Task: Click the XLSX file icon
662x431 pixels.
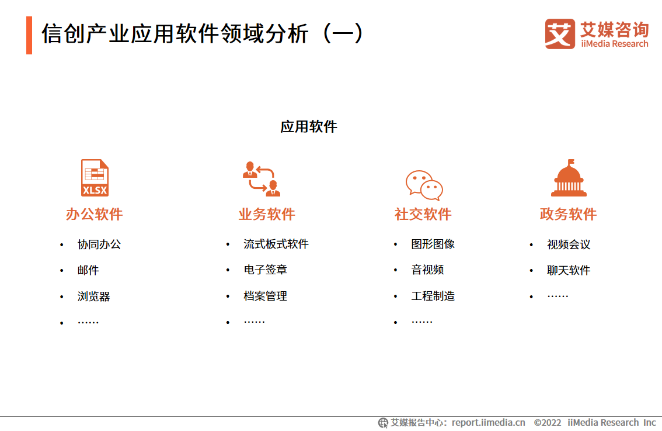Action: tap(95, 178)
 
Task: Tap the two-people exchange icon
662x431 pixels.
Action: tap(262, 179)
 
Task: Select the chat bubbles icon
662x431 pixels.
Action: tap(424, 185)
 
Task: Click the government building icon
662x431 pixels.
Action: tap(569, 178)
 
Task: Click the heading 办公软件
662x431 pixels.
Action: tap(94, 214)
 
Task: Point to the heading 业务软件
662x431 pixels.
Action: tap(267, 214)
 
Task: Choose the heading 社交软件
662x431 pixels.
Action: tap(423, 214)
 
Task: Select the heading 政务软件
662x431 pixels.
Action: tap(568, 214)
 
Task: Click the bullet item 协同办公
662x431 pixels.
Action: tap(99, 244)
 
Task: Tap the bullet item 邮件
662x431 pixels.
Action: tap(88, 270)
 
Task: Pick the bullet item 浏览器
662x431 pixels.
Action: tap(94, 296)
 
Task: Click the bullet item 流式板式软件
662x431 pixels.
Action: tap(276, 244)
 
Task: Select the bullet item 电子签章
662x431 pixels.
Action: tap(266, 270)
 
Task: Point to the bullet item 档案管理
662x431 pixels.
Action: tap(266, 296)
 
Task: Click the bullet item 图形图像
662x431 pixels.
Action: tap(433, 244)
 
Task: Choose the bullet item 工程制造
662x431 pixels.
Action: tap(433, 296)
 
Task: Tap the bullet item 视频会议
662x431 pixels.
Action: tap(569, 244)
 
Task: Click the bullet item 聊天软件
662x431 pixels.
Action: tap(569, 270)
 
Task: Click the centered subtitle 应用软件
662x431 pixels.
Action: tap(309, 126)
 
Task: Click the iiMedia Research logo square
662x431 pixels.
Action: tap(560, 34)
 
